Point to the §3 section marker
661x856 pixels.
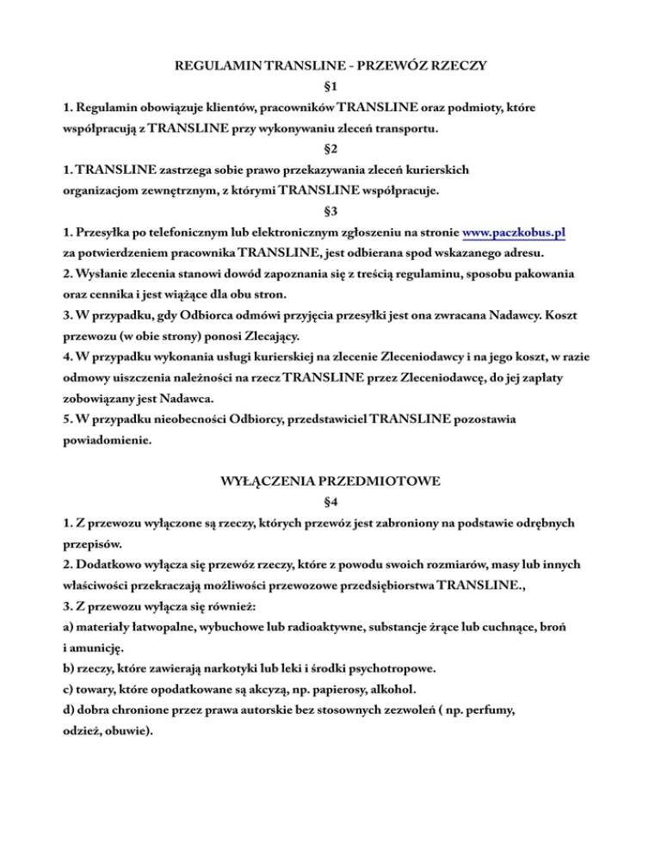(x=330, y=209)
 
